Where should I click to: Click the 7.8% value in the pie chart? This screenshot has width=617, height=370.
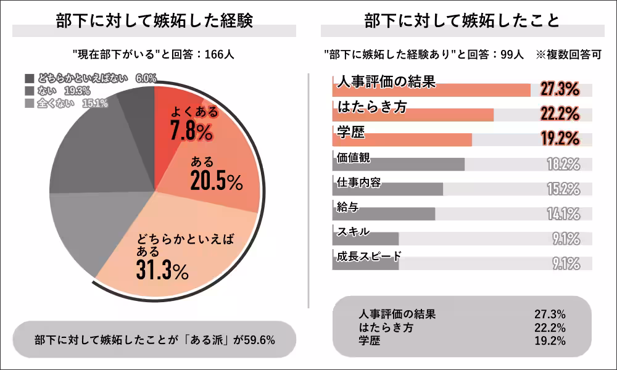click(191, 131)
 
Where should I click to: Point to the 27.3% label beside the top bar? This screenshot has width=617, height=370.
click(560, 90)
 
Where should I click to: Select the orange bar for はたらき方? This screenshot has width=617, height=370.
click(413, 115)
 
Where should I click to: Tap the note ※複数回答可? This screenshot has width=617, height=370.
click(568, 54)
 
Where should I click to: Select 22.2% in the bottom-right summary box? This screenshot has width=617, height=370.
click(550, 327)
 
